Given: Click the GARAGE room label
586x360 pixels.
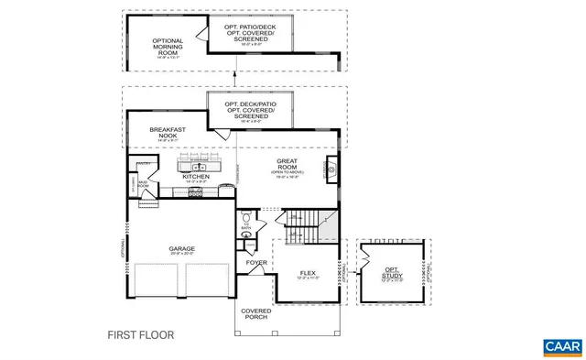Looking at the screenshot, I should [x=180, y=248].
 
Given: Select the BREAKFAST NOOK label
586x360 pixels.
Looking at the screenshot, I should [x=168, y=133].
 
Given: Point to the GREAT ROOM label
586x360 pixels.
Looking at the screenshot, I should [x=288, y=165].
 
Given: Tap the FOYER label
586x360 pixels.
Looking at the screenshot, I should [x=255, y=263].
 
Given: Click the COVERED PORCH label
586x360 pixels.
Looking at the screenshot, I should [x=255, y=314].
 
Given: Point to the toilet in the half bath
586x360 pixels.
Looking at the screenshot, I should [x=246, y=217].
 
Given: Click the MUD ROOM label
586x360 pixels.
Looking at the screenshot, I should [x=142, y=184].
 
